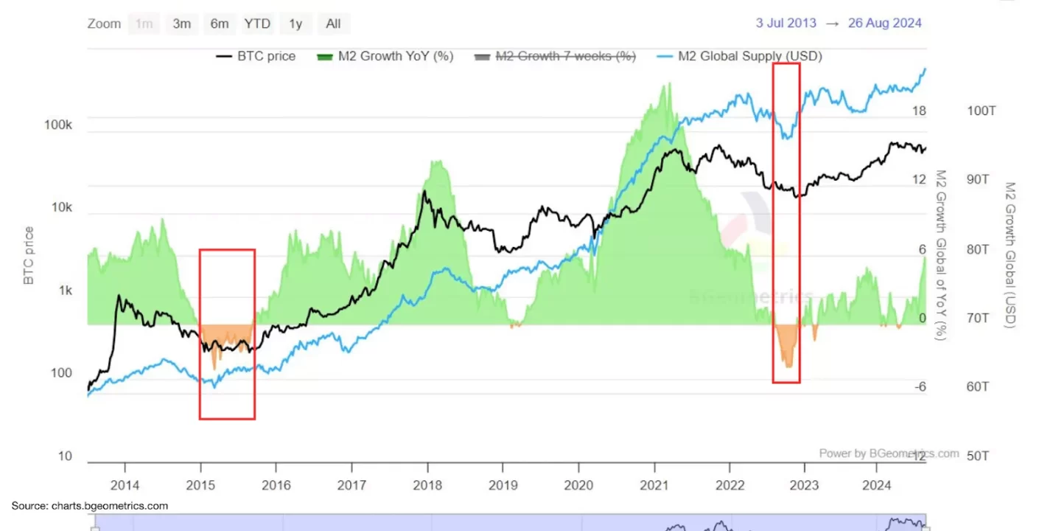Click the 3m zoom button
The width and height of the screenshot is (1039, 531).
pos(182,24)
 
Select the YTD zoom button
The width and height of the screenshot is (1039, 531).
pos(257,24)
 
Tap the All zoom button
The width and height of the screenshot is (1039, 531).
pos(333,24)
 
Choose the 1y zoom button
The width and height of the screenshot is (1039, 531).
pos(295,24)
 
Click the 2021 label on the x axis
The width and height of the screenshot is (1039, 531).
pos(654,486)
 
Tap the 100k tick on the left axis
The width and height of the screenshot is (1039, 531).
pos(58,125)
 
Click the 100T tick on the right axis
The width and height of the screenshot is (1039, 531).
pos(982,111)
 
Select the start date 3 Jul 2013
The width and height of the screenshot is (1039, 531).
pos(786,23)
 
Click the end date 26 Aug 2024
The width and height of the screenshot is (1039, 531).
pos(884,23)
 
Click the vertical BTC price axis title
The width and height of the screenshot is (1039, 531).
pos(29,256)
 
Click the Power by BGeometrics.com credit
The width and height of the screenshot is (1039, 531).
pos(889,454)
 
